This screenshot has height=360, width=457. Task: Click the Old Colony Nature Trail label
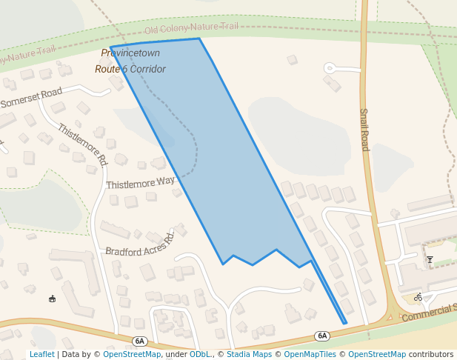tap(191, 28)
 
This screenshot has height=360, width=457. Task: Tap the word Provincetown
tap(130, 53)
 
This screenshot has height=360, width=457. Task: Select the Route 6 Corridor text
tap(130, 69)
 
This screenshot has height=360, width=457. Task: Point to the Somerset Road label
tap(31, 98)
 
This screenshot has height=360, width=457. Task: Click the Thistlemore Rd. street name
tap(82, 144)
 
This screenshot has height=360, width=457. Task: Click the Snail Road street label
tap(364, 130)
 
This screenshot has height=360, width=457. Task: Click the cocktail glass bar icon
tap(430, 259)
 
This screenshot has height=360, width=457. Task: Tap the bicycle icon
tap(418, 297)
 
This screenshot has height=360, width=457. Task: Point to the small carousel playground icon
tap(52, 299)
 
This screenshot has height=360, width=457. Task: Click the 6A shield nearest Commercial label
tap(321, 336)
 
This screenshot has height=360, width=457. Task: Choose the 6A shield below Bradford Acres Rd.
tap(140, 341)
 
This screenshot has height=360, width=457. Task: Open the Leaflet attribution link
tap(41, 355)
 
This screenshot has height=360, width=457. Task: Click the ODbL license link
tap(199, 355)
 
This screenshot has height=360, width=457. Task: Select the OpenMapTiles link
tap(311, 355)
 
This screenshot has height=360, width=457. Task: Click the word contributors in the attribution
tap(431, 355)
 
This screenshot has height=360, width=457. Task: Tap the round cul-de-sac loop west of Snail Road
tap(330, 68)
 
